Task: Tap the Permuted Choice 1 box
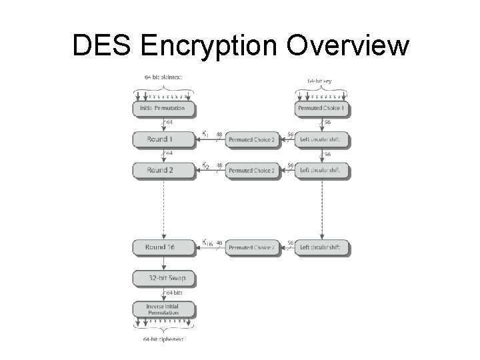(x=322, y=107)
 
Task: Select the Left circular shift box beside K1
(x=322, y=140)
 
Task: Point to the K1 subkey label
(x=205, y=134)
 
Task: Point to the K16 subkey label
(x=207, y=243)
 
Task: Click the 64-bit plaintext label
(x=163, y=77)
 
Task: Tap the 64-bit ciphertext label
(x=163, y=340)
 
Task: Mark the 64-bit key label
(x=322, y=80)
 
